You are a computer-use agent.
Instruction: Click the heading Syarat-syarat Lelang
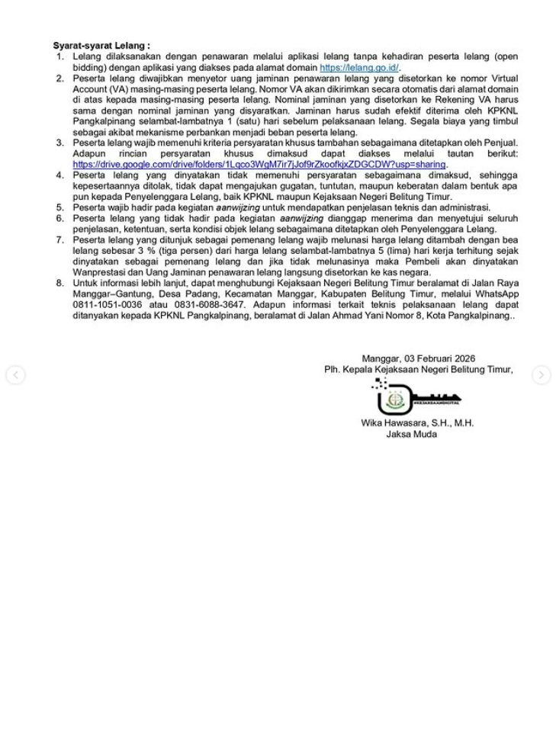[x=101, y=46]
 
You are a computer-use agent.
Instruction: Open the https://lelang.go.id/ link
[x=359, y=67]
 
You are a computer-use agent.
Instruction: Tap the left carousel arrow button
[x=15, y=374]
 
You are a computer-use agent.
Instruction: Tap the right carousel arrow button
[x=541, y=374]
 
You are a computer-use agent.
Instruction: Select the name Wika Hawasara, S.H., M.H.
[x=417, y=423]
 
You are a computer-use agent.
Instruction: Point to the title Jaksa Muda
[x=411, y=435]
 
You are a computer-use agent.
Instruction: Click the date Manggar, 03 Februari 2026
[x=418, y=358]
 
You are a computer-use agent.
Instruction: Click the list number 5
[x=60, y=207]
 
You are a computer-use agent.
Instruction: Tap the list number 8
[x=60, y=283]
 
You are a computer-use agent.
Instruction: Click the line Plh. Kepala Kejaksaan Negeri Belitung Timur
[x=418, y=370]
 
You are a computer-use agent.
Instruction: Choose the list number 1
[x=60, y=56]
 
